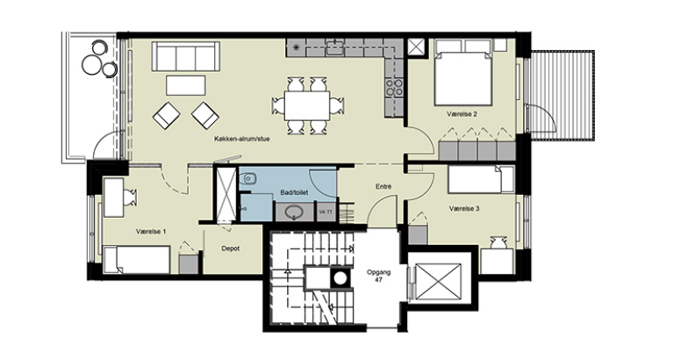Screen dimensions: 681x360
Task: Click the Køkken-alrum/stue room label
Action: pos(242,139)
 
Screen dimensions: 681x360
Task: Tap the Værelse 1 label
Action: pos(151,231)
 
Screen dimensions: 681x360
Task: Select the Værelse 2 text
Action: pos(462,114)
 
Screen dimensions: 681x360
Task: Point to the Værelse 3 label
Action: pos(464,209)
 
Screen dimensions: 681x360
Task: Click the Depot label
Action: pos(230,248)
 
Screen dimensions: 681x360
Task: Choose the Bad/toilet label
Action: pos(294,193)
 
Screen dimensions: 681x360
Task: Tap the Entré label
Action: pos(383,187)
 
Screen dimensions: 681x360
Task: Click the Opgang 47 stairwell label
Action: pos(378,276)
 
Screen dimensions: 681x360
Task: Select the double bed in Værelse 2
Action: pos(464,79)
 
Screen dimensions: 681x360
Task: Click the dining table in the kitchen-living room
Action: pos(307,105)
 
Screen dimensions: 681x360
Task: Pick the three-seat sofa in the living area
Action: pos(186,57)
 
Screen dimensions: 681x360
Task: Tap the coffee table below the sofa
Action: pos(186,85)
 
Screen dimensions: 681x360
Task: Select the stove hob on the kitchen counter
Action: pos(394,87)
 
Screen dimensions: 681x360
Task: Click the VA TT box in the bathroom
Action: pos(326,212)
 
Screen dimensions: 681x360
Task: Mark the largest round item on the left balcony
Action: pos(91,64)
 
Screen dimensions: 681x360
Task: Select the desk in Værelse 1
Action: pos(114,197)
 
